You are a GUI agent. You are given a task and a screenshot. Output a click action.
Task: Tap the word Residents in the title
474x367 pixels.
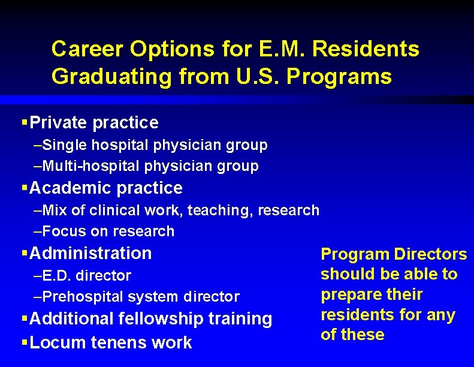point(366,49)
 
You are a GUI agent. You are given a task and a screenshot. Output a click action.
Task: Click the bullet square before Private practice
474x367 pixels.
point(25,122)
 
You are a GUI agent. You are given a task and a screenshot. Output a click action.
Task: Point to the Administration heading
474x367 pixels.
point(90,253)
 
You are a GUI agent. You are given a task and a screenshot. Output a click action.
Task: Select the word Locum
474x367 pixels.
point(53,342)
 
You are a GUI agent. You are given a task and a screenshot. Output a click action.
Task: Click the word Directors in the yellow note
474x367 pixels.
point(430,254)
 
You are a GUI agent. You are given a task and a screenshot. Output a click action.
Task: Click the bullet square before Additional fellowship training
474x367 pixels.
point(25,318)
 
